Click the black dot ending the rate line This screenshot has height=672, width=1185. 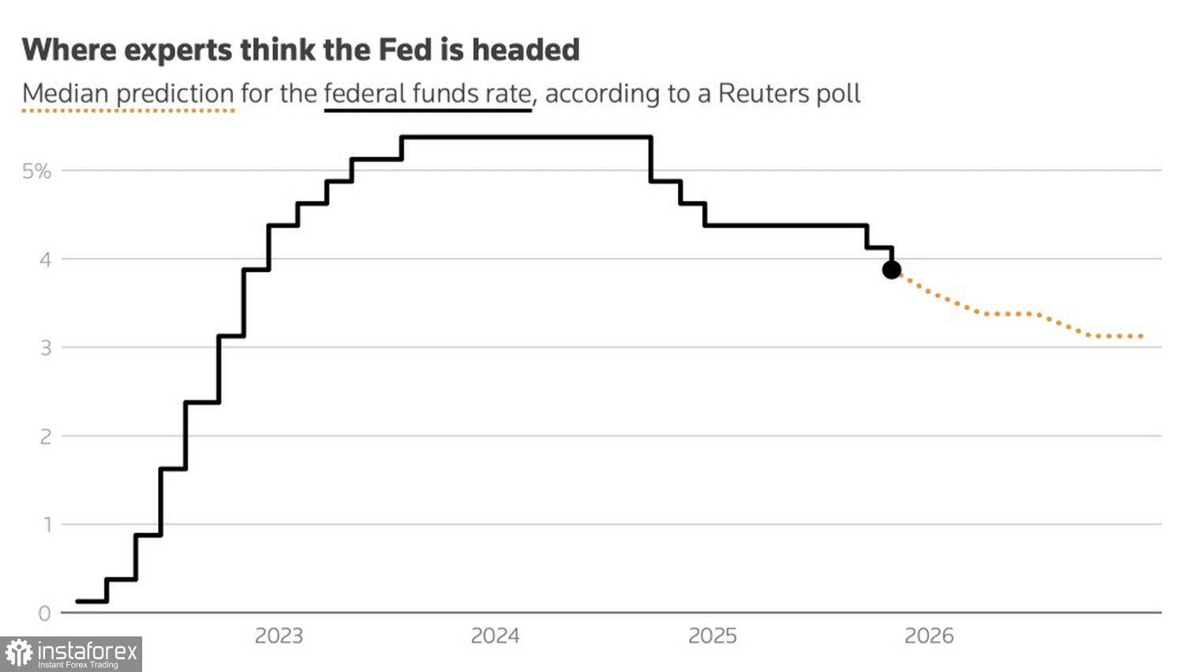coord(891,270)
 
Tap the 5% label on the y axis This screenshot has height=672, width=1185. coord(36,171)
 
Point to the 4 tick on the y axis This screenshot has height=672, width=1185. coord(45,259)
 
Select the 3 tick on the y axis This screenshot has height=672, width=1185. coord(45,348)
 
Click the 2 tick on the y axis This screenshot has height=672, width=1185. coord(45,436)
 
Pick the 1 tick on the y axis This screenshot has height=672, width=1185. coord(45,525)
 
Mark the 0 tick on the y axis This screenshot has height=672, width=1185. coord(45,613)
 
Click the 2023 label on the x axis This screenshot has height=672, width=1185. coord(278,636)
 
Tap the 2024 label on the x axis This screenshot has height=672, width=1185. coord(495,636)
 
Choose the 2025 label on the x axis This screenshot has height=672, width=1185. coord(712,636)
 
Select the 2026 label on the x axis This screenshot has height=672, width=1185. coord(929,636)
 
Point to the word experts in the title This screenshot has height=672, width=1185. coord(179,51)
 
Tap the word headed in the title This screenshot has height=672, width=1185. coord(525,50)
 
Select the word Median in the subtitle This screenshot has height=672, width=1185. coord(65,93)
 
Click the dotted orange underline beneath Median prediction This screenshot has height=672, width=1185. coord(128,111)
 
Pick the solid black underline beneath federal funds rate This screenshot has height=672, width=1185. coord(427,111)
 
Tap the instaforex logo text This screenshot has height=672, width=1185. coord(87,651)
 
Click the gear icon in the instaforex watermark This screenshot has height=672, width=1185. coord(18,654)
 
